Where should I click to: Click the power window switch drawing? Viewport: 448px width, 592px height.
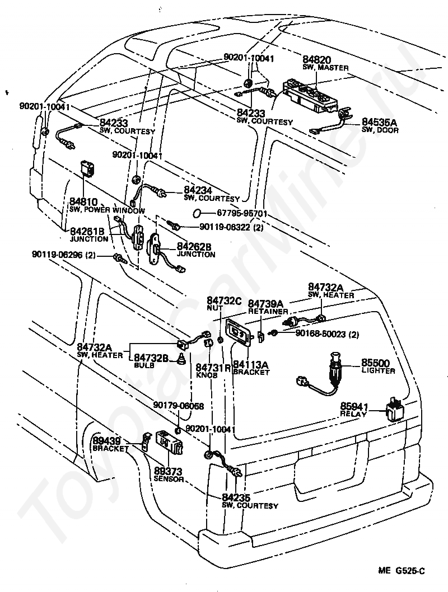87,167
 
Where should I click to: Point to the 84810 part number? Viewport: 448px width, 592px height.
83,201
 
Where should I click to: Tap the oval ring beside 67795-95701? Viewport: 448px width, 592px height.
197,213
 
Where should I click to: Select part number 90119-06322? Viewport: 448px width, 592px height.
226,227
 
